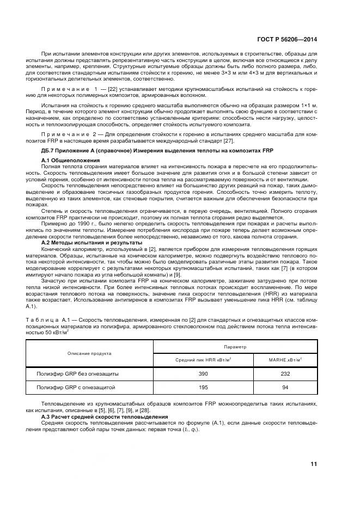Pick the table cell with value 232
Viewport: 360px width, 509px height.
coord(285,374)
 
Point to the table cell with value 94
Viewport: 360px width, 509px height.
coord(285,387)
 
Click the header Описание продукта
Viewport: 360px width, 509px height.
coord(89,353)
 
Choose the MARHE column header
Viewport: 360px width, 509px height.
coord(285,359)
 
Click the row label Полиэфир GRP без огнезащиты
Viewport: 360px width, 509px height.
coord(77,374)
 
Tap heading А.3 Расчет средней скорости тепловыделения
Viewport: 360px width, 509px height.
coord(101,416)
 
